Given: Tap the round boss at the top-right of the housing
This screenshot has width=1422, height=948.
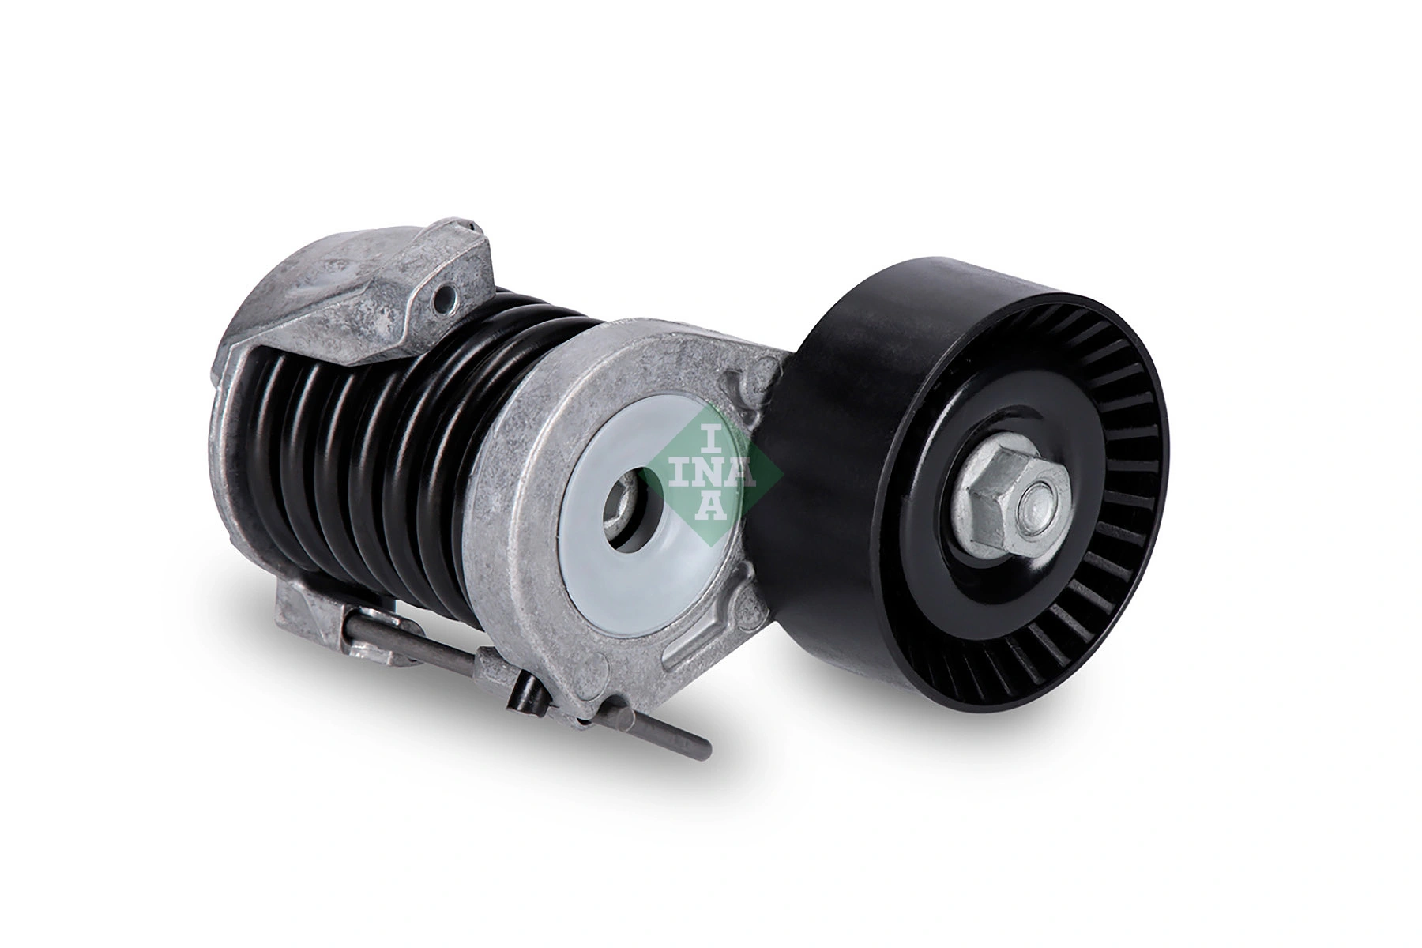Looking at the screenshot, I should pos(762,371).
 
